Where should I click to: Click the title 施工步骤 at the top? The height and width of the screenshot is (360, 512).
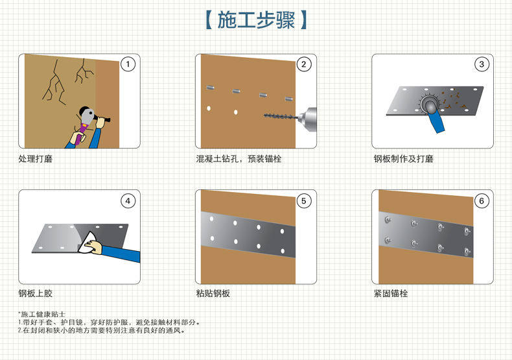pos(257,20)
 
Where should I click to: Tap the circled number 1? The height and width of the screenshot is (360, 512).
pos(128,64)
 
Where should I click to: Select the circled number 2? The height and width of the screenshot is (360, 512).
pos(304,64)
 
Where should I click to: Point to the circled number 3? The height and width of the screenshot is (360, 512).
pos(482,64)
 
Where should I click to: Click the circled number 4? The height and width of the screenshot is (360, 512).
pos(128,201)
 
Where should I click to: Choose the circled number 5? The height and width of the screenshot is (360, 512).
pos(304,201)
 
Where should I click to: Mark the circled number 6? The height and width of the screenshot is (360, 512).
pos(482,201)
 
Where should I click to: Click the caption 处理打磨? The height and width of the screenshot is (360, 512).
pos(35,159)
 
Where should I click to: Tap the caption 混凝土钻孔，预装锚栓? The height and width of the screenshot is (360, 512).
pos(239,159)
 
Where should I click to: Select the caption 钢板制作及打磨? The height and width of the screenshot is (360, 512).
pos(403,159)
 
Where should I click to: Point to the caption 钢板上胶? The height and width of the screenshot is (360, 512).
pos(35,293)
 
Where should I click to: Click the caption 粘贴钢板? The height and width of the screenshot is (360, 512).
pos(213,293)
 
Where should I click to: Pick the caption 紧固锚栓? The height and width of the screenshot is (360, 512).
pos(391,293)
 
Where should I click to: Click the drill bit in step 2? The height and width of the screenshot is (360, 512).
pos(281,116)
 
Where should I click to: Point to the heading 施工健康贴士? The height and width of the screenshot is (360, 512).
pos(41,314)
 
